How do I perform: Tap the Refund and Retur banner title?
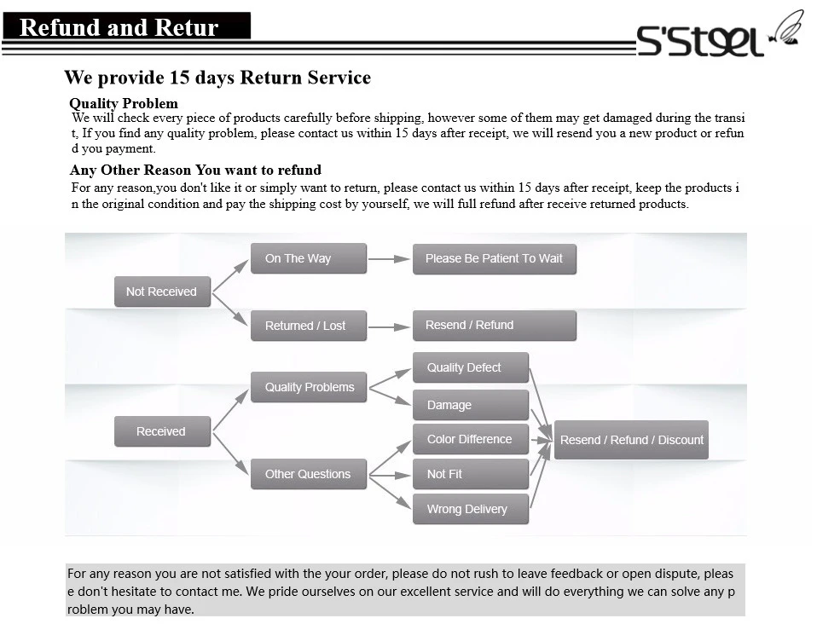[119, 27]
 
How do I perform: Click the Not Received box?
[162, 292]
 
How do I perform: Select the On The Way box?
[308, 258]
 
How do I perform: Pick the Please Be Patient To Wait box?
[494, 258]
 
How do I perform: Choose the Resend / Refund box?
[494, 325]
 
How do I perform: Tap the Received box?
[162, 431]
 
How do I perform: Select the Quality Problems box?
[309, 387]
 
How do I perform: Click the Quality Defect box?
[471, 367]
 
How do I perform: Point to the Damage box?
[471, 405]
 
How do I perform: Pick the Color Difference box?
[471, 439]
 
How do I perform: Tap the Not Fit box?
[471, 474]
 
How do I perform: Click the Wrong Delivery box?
[471, 509]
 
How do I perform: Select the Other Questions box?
[309, 474]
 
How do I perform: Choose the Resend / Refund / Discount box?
[631, 440]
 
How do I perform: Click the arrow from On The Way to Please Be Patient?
[390, 258]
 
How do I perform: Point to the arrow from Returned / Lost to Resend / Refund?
[390, 326]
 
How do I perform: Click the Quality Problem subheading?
[124, 104]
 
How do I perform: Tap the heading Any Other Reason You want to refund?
[195, 170]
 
